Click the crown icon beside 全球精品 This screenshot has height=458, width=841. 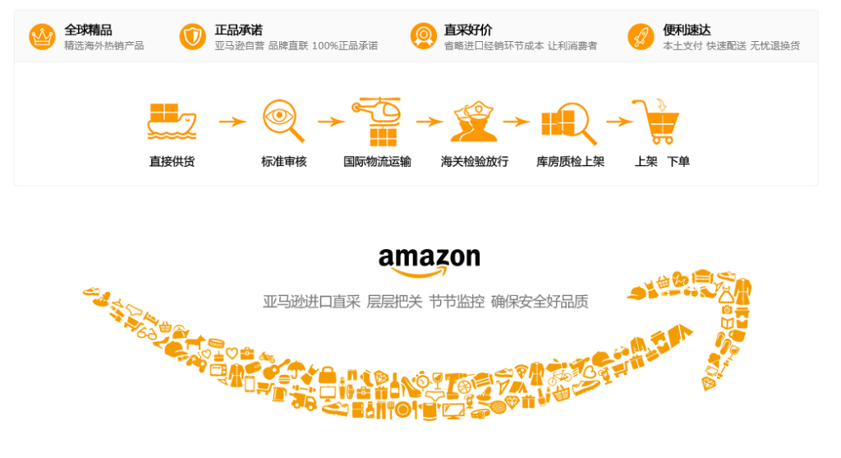(x=42, y=37)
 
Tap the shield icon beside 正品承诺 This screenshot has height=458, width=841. (x=192, y=37)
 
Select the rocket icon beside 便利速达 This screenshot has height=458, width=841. (x=640, y=37)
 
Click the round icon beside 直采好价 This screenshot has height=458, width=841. (x=423, y=37)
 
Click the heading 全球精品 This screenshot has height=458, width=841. (x=88, y=30)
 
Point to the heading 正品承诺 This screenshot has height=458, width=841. (x=238, y=30)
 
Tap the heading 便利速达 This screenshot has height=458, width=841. (x=687, y=30)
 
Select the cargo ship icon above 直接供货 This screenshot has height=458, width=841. (x=172, y=121)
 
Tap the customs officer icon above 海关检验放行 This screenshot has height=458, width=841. (x=474, y=122)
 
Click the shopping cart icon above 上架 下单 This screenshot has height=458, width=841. (x=658, y=121)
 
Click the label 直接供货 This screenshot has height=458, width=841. (x=172, y=162)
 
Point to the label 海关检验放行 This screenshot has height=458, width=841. (x=475, y=162)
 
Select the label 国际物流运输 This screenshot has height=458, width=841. (x=377, y=162)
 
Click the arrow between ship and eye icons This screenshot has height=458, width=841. (x=232, y=122)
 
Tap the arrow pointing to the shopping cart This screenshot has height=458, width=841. (x=619, y=122)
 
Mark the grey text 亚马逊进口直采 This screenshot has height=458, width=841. (x=311, y=302)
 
